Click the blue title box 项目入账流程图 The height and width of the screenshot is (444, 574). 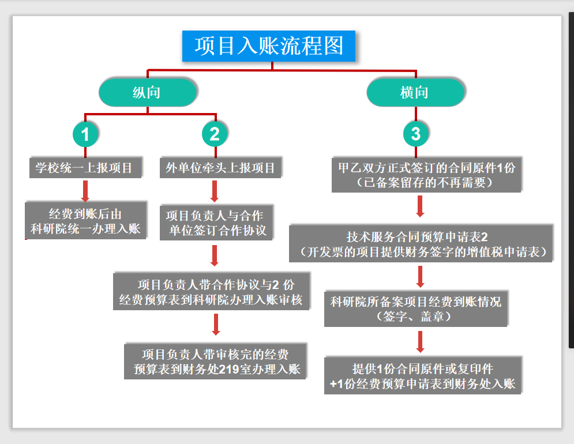pos(269,46)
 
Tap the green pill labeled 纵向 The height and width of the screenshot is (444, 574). pos(147,92)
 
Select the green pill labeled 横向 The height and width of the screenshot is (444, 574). pos(415,92)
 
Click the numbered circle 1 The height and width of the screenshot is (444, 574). pos(85,134)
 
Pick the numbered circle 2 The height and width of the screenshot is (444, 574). pos(215,134)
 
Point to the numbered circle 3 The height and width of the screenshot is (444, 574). pos(416,134)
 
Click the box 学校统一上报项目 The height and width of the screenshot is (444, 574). pos(84,168)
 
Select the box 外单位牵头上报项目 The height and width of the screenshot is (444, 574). pos(220,168)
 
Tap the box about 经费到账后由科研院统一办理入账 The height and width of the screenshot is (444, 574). pos(85,221)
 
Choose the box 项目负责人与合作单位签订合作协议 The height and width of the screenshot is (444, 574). pos(216,223)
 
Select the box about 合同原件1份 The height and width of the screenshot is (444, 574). pos(427,175)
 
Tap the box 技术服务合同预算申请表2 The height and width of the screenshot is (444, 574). pos(421,244)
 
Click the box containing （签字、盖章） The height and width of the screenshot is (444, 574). pos(417,309)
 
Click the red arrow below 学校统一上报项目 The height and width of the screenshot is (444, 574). pos(85,190)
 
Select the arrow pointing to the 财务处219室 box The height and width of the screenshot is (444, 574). pos(216,324)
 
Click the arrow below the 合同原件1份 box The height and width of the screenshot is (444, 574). pos(421,207)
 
